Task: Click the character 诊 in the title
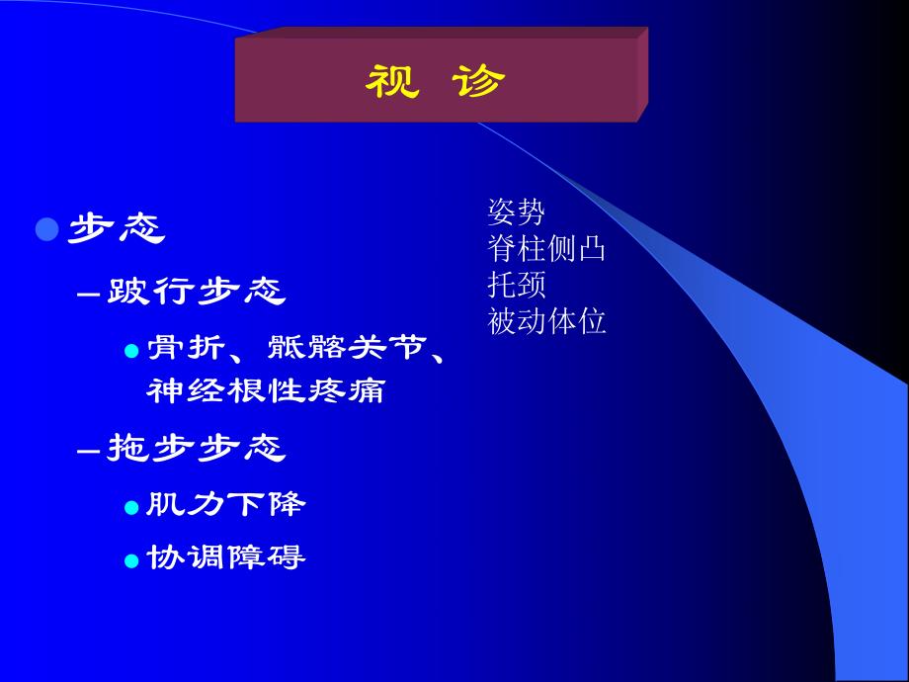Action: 480,82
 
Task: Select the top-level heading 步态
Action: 116,230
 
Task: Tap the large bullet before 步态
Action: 47,230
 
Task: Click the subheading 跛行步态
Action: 196,292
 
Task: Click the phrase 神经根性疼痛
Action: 265,391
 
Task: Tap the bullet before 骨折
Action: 131,351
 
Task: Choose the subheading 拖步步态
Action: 196,450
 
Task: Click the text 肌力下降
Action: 226,505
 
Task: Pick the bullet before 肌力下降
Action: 131,507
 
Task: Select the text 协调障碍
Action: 226,558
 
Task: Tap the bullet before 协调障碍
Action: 131,560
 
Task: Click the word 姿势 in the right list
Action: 516,211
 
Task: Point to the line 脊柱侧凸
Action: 546,248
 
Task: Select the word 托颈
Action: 516,285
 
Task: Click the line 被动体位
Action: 546,321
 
